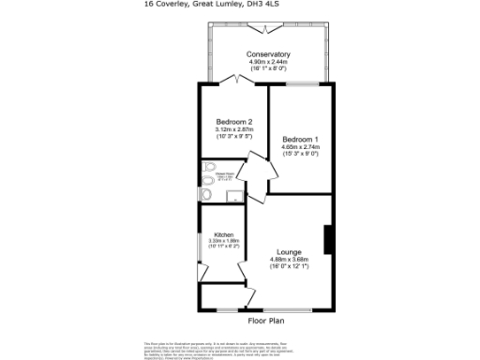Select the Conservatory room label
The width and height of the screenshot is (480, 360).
pyautogui.click(x=268, y=54)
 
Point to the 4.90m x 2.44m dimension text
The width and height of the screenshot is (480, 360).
pyautogui.click(x=268, y=62)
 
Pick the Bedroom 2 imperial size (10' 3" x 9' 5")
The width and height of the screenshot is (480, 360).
pyautogui.click(x=233, y=137)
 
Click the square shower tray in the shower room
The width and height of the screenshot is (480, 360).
pyautogui.click(x=233, y=195)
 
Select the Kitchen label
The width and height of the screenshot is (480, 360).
pyautogui.click(x=223, y=234)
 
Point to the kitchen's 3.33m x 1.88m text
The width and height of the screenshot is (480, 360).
pyautogui.click(x=223, y=241)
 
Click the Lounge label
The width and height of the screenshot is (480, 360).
pyautogui.click(x=289, y=252)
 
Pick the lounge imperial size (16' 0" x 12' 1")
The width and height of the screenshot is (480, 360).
pyautogui.click(x=289, y=267)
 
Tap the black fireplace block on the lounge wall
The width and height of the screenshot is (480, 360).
pyautogui.click(x=328, y=239)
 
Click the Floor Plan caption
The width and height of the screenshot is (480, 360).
pyautogui.click(x=265, y=321)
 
